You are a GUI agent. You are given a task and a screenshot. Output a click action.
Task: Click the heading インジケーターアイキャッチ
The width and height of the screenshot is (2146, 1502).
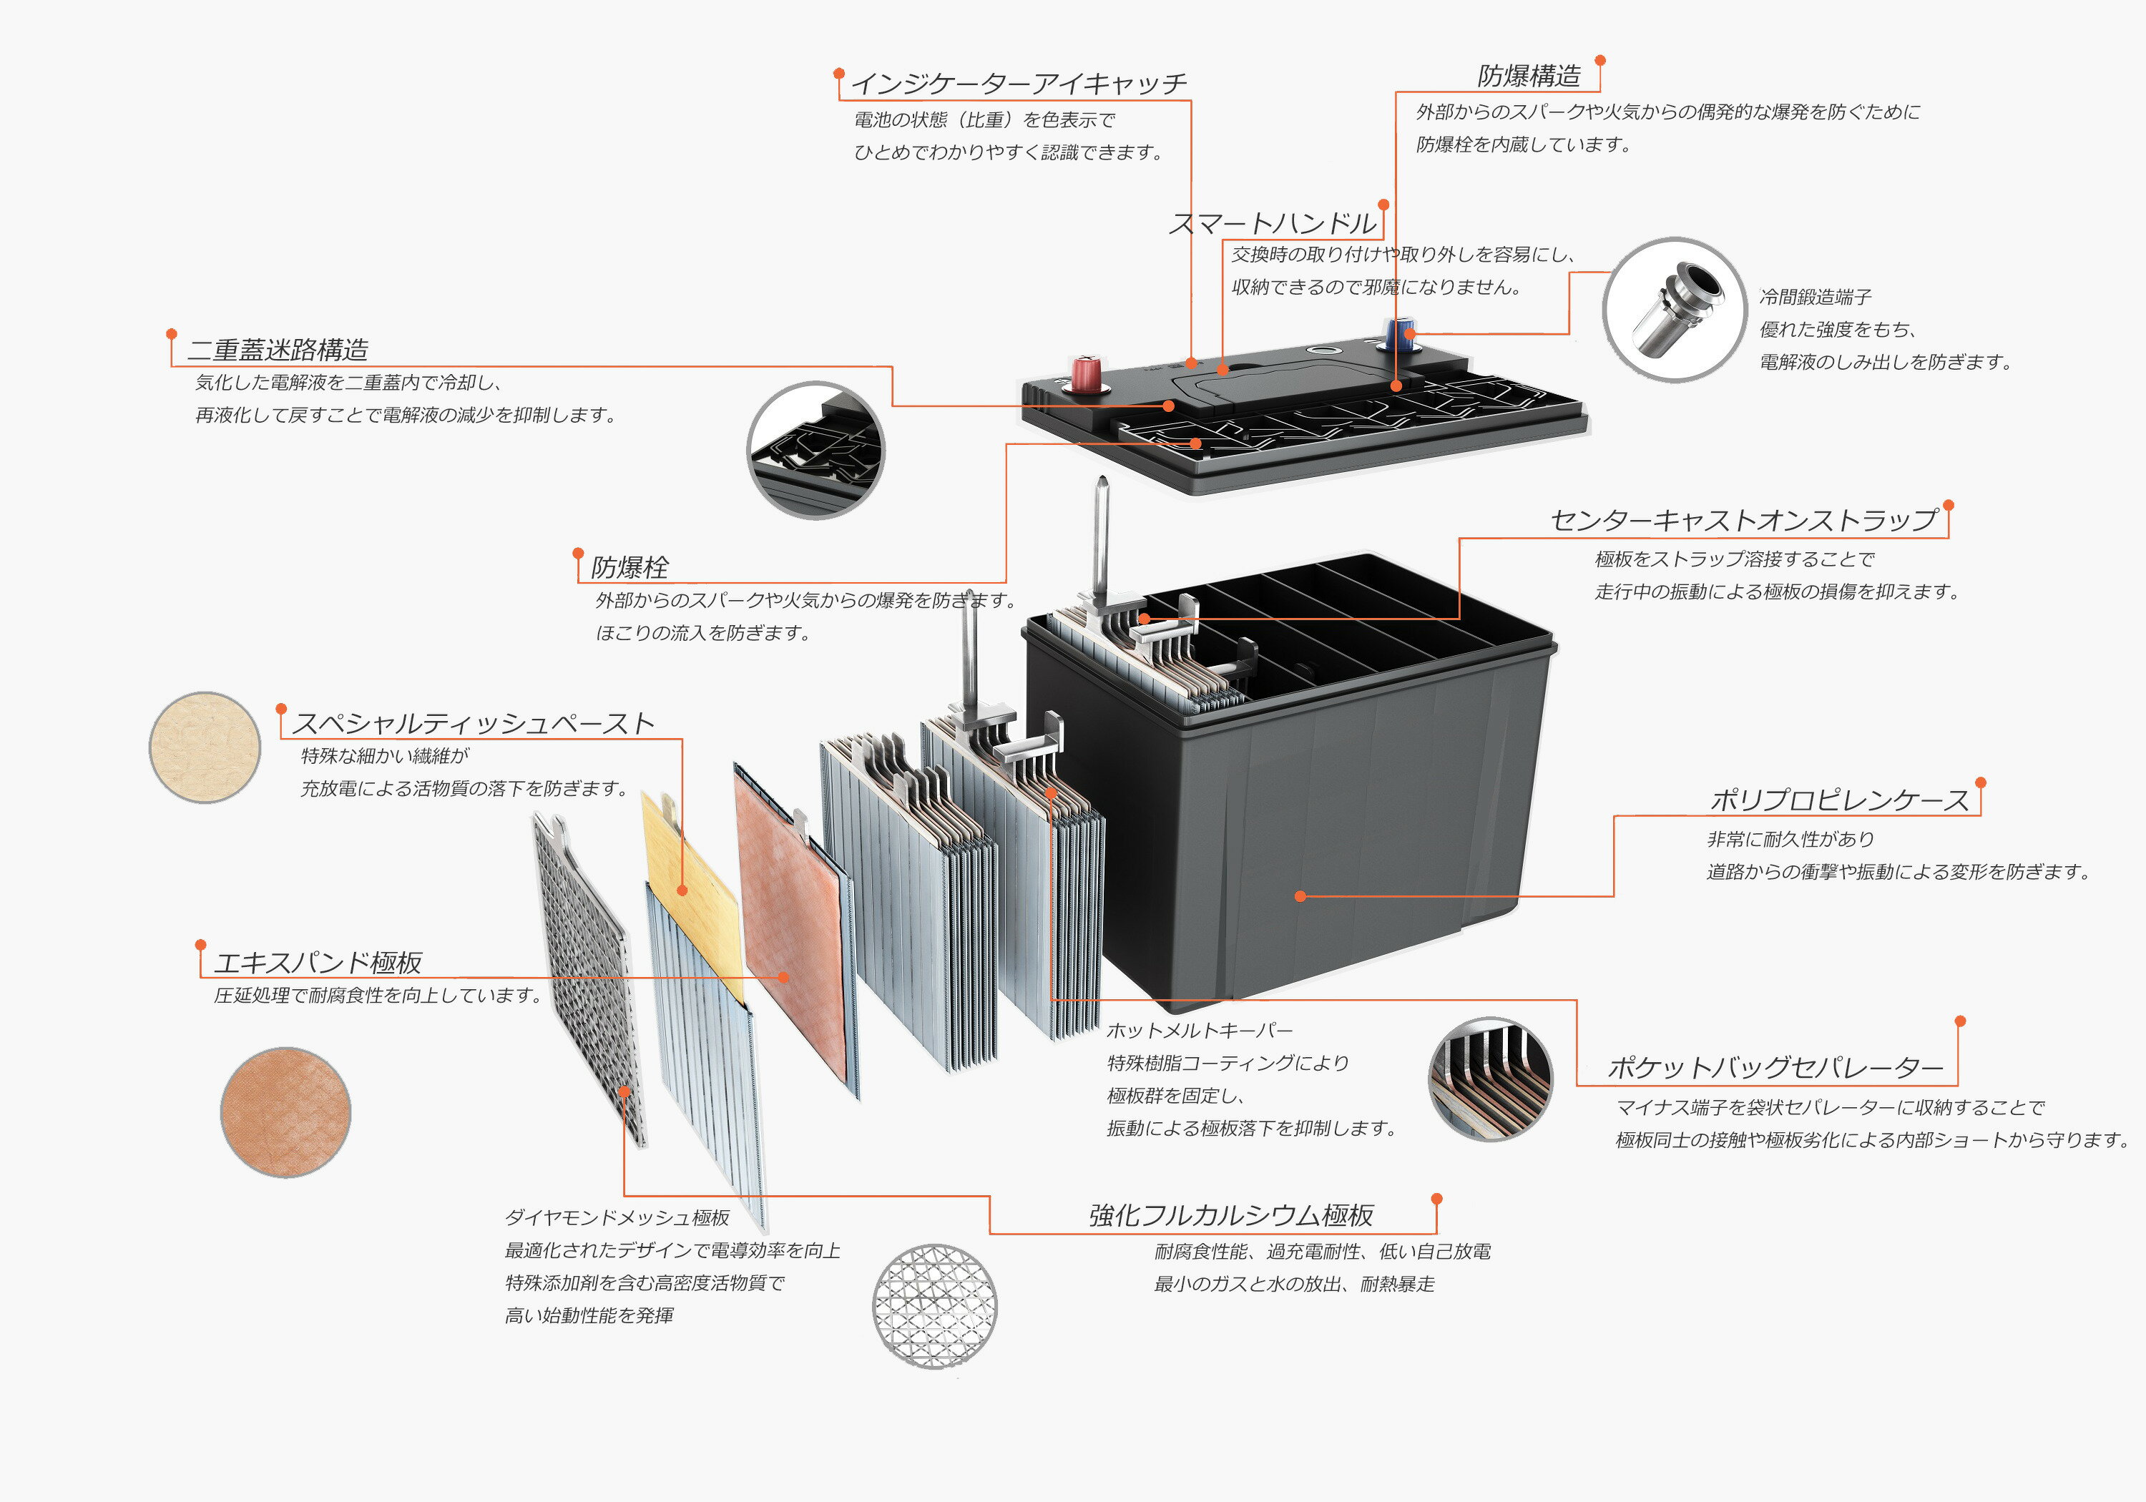[x=1019, y=84]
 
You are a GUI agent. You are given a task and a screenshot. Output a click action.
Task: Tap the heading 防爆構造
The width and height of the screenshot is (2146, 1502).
[x=1529, y=76]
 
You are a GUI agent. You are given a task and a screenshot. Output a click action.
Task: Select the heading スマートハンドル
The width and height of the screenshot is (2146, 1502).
[x=1273, y=223]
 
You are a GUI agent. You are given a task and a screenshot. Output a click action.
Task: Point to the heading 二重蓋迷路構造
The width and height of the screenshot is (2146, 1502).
[x=278, y=350]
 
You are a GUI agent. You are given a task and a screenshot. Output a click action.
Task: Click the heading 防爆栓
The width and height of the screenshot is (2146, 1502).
[x=630, y=567]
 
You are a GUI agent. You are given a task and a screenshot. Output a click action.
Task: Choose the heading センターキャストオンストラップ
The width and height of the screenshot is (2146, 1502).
[x=1744, y=521]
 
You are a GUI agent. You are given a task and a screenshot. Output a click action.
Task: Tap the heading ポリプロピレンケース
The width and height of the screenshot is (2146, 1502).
[x=1839, y=800]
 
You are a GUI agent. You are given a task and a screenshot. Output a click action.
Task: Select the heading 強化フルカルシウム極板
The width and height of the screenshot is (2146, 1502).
[x=1231, y=1215]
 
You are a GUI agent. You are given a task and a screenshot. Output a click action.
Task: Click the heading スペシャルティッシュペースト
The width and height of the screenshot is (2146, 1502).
[x=473, y=723]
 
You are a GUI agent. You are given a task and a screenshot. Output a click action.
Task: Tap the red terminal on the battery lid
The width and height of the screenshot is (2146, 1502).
[x=1085, y=373]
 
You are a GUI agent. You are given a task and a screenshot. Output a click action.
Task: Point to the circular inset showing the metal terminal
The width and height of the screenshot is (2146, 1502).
[x=1674, y=310]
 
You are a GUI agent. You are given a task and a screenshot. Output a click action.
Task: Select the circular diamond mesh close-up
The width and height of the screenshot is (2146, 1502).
[x=935, y=1306]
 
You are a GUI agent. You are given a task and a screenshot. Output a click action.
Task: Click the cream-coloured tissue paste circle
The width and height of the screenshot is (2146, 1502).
[x=205, y=747]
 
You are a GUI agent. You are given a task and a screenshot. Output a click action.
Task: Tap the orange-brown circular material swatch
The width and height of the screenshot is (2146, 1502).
[x=286, y=1111]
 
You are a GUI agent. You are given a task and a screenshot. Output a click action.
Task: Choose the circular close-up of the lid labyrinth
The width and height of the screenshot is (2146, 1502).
[x=816, y=450]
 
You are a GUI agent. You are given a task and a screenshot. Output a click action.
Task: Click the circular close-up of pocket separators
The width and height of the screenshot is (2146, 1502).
[x=1491, y=1079]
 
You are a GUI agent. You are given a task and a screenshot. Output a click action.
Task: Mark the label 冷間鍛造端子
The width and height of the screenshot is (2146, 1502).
[x=1815, y=298]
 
